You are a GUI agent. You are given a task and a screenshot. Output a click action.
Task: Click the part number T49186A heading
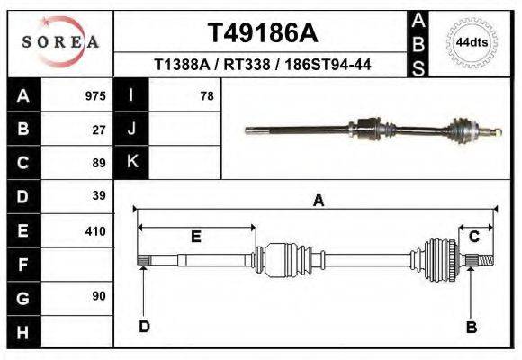pyautogui.click(x=263, y=33)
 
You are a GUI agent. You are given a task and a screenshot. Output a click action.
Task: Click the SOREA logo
pyautogui.click(x=59, y=42)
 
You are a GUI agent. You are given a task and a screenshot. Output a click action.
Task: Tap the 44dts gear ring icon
pyautogui.click(x=472, y=42)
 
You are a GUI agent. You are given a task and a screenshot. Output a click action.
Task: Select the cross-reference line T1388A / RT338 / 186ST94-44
pyautogui.click(x=263, y=66)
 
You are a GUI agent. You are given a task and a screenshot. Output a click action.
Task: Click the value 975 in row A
pyautogui.click(x=95, y=96)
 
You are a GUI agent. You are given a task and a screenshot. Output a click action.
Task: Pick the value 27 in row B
pyautogui.click(x=99, y=130)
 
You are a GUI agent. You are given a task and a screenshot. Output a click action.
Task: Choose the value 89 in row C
pyautogui.click(x=99, y=163)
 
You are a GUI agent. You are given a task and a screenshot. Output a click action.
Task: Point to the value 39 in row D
pyautogui.click(x=99, y=195)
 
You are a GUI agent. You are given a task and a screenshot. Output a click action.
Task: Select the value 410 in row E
pyautogui.click(x=95, y=231)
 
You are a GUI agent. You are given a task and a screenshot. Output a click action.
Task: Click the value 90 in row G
pyautogui.click(x=99, y=296)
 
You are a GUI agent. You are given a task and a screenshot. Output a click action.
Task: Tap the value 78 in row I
pyautogui.click(x=206, y=96)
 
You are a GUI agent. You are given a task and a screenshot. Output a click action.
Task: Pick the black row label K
pyautogui.click(x=132, y=162)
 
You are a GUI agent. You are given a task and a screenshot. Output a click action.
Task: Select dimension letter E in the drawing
pyautogui.click(x=195, y=237)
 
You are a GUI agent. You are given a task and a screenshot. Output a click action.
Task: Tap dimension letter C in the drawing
pyautogui.click(x=473, y=237)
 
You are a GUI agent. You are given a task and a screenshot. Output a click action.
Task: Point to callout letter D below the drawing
pyautogui.click(x=144, y=327)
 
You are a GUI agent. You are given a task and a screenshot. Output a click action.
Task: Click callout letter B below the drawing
pyautogui.click(x=471, y=328)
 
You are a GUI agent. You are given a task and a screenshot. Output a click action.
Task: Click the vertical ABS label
pyautogui.click(x=418, y=43)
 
